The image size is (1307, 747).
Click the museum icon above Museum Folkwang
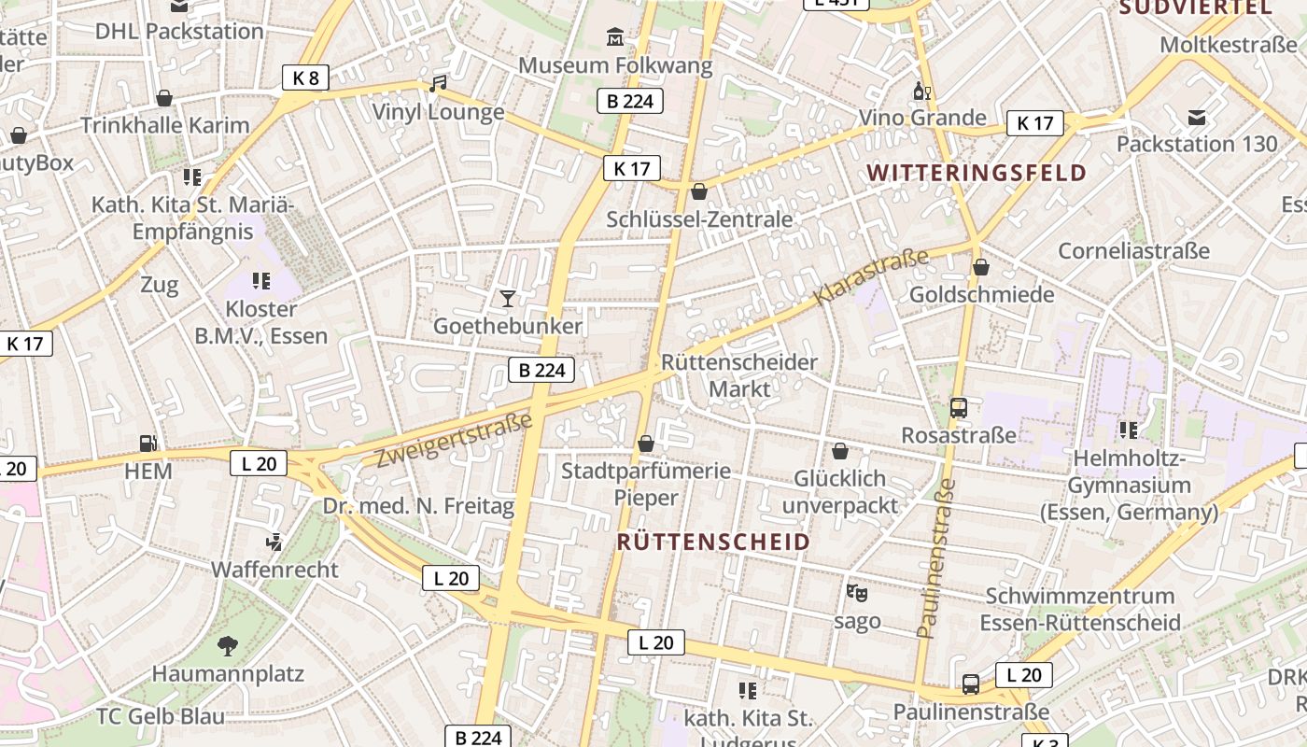coord(615,37)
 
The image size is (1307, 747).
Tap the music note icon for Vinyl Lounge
coord(438,84)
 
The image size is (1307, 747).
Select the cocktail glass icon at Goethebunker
coord(507,298)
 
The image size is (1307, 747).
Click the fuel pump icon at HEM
coord(148,443)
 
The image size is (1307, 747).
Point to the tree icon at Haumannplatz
coord(227,645)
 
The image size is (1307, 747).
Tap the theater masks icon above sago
coord(856,593)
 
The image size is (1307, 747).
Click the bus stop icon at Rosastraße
coord(959,407)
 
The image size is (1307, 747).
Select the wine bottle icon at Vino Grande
coord(921,91)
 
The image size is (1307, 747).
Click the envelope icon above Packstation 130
coord(1197,117)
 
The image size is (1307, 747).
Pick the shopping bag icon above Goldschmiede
coord(981,267)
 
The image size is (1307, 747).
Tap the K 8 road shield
coord(305,78)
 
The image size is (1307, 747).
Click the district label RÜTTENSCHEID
coord(713,543)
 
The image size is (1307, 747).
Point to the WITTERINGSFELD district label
coord(977,173)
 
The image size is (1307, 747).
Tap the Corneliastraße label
coord(1133,250)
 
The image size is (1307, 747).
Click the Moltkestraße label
coord(1229,45)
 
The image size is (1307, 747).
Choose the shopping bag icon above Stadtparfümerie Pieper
coord(645,443)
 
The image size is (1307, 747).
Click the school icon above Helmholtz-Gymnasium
coord(1129,430)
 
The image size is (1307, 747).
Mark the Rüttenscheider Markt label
coord(738,374)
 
